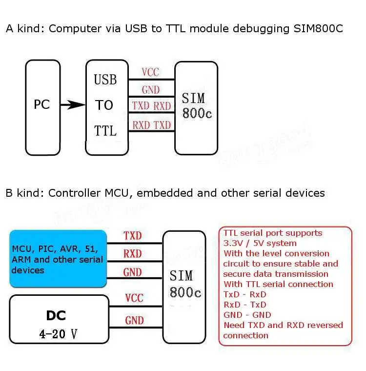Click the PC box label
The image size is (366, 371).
(x=42, y=104)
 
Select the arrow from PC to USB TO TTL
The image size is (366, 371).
(x=73, y=104)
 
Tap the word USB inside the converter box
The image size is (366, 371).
(x=105, y=80)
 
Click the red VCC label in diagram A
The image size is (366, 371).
(x=150, y=72)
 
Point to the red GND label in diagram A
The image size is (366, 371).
(x=151, y=90)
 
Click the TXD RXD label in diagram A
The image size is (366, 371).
(x=151, y=106)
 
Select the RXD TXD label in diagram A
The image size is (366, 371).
(x=152, y=125)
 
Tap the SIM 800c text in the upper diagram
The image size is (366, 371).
(x=197, y=105)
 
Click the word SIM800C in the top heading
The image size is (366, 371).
(x=318, y=29)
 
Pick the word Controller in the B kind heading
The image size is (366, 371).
(x=75, y=193)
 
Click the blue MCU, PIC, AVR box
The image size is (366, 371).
(x=58, y=259)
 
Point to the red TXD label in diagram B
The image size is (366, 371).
(x=132, y=236)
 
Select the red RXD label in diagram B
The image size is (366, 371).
(x=132, y=254)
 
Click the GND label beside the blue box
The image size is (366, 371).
(x=132, y=272)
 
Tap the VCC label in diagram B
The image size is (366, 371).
(x=134, y=298)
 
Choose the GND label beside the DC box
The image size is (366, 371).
(x=134, y=320)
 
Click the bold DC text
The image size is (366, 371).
(x=56, y=315)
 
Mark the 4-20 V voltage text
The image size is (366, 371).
(x=59, y=334)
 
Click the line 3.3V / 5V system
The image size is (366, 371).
(x=260, y=243)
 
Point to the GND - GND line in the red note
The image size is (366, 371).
(x=247, y=315)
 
